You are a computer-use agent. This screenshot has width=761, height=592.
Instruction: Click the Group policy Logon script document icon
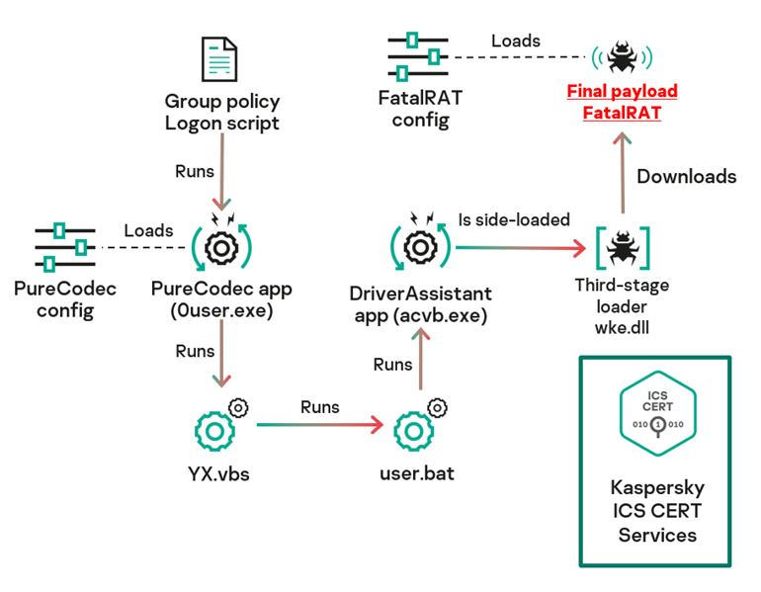[x=218, y=60]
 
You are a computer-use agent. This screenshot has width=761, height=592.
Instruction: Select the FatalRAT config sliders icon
[x=416, y=57]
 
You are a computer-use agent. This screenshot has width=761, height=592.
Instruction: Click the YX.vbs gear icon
[x=216, y=429]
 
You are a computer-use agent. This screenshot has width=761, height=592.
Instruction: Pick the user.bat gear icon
[x=414, y=430]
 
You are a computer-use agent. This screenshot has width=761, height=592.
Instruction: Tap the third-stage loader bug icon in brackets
[x=623, y=247]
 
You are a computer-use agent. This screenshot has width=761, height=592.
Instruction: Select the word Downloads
[x=686, y=177]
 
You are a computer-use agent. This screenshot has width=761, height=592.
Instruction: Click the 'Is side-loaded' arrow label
[x=514, y=219]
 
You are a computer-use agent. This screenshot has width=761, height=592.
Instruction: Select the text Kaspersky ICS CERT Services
[x=657, y=511]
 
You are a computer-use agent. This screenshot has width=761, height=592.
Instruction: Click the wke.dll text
[x=623, y=328]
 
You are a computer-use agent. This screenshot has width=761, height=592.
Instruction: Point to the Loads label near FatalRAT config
[x=516, y=41]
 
